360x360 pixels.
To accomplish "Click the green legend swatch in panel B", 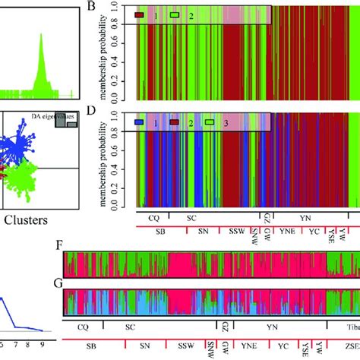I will click(175, 14).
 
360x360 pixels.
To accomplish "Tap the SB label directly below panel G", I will click(90, 345).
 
